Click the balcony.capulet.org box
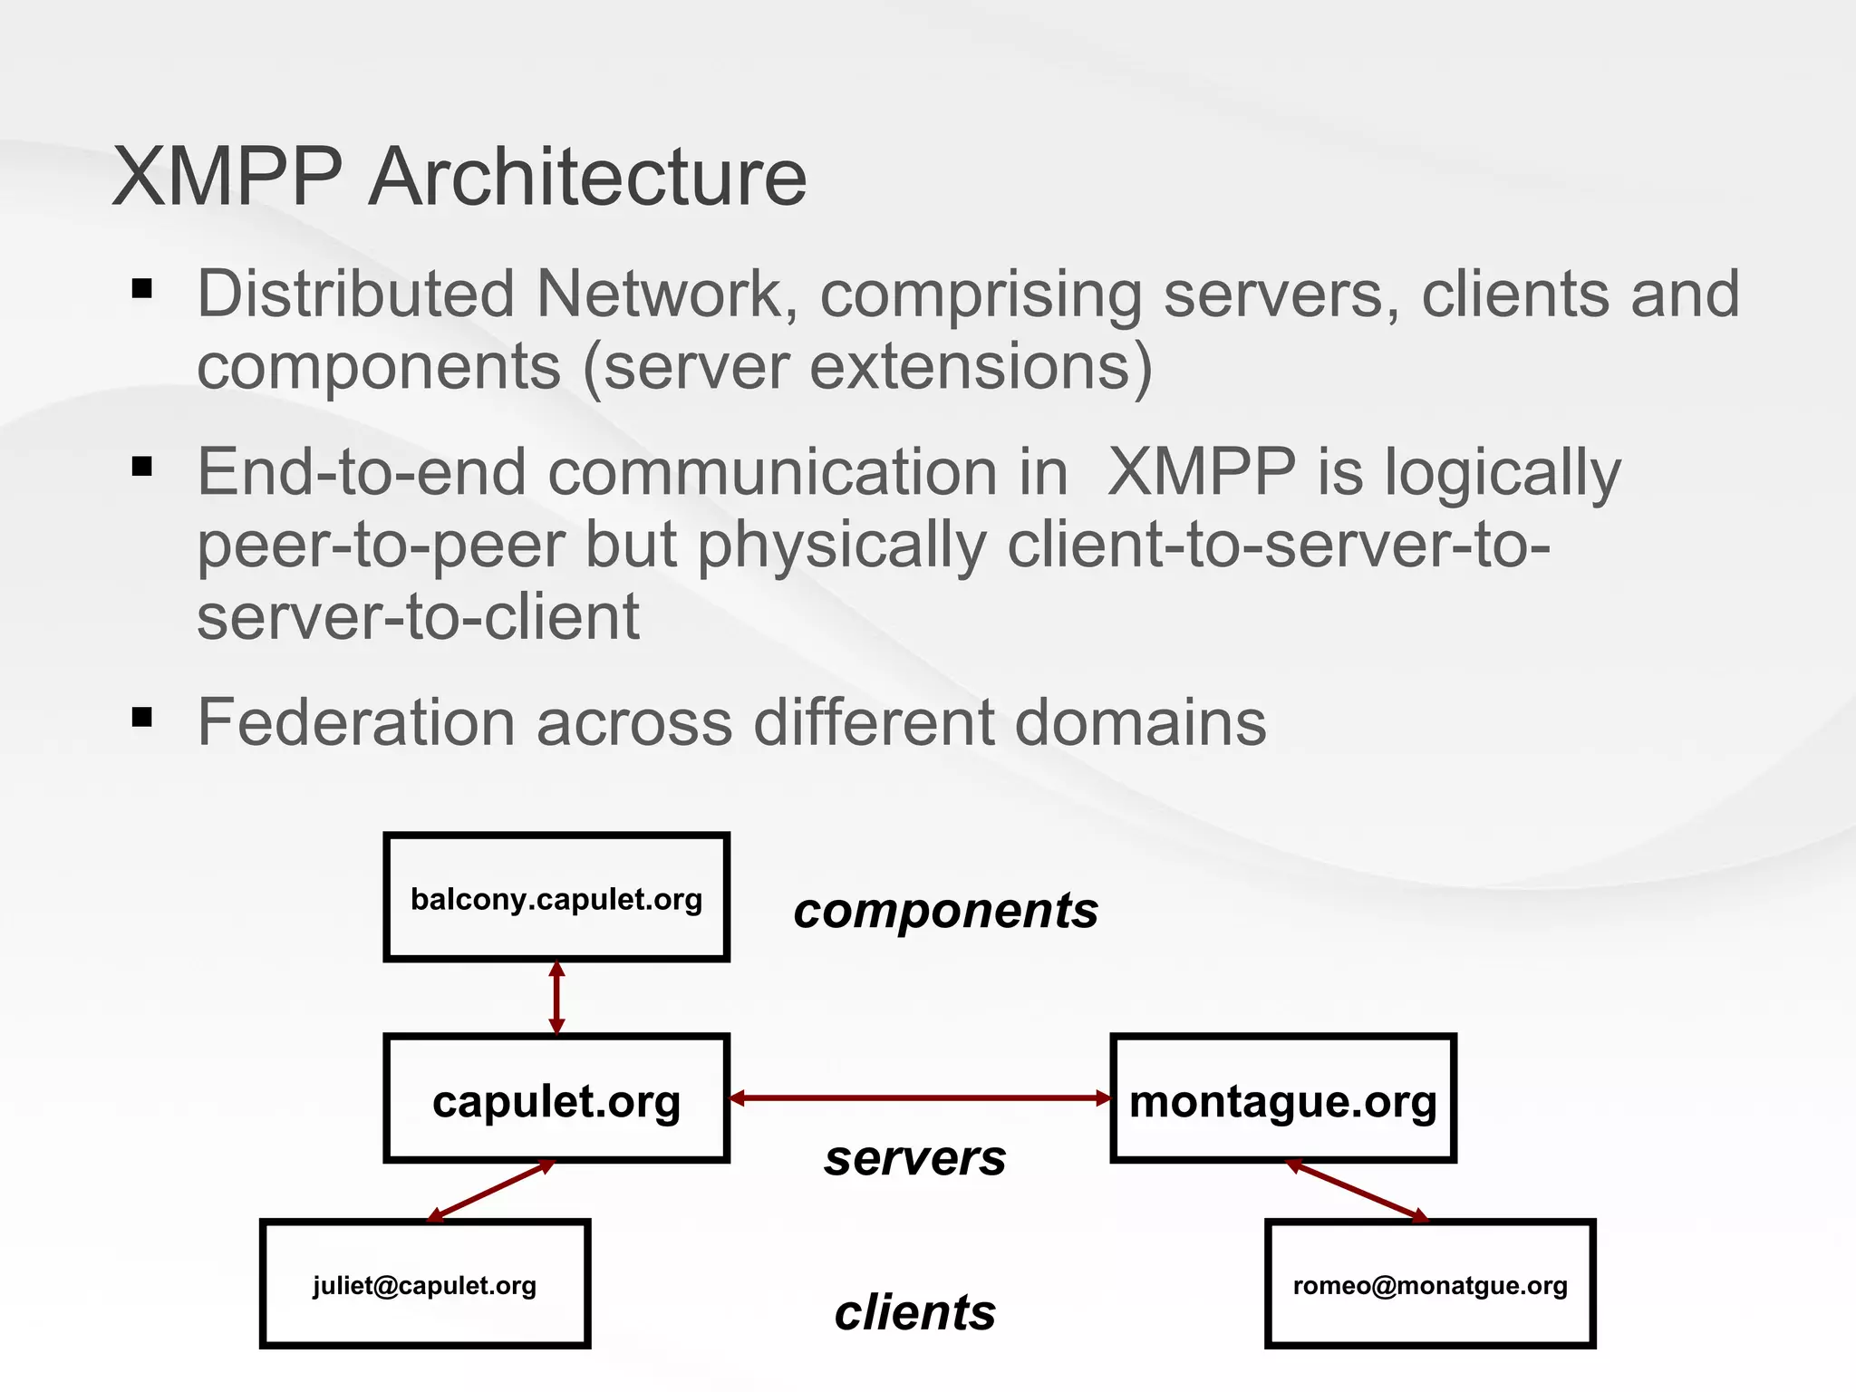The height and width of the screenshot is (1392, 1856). point(556,897)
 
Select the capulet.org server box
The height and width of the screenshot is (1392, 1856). point(556,1098)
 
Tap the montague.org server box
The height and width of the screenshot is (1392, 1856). point(1283,1098)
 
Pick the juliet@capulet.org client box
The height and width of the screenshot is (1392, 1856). point(425,1284)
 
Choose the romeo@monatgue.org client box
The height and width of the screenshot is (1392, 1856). point(1430,1284)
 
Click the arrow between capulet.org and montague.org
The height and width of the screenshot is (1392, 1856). point(920,1098)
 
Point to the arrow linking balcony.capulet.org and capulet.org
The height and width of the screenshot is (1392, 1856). point(557,998)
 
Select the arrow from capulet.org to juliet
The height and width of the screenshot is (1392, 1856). point(490,1191)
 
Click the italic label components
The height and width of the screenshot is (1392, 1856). point(945,911)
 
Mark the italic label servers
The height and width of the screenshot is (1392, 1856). point(915,1159)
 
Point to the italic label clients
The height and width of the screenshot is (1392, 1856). point(915,1313)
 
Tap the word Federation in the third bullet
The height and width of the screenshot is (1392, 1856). point(356,722)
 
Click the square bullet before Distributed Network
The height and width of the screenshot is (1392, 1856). point(142,290)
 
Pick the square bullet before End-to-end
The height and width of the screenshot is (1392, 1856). point(142,468)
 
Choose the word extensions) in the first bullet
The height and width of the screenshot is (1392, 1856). point(981,366)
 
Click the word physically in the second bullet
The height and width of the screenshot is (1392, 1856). point(841,546)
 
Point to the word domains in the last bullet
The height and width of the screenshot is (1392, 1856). point(1140,722)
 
